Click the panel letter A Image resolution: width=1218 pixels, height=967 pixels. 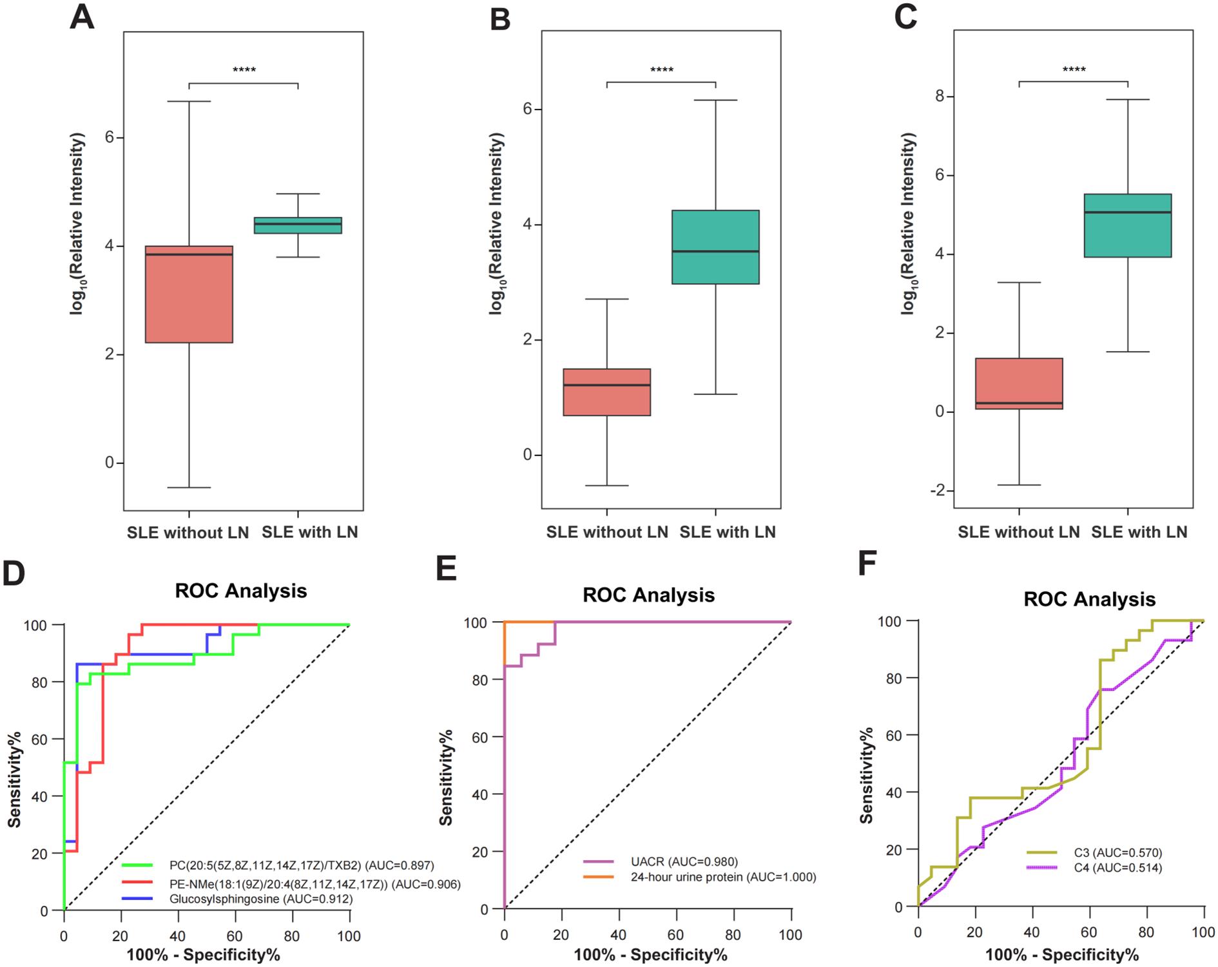coord(82,17)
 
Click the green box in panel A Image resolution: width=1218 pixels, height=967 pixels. coord(298,225)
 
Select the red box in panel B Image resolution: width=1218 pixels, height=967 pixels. coord(606,392)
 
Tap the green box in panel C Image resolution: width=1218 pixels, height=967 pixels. coord(1127,225)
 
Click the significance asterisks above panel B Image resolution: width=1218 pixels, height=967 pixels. coord(661,70)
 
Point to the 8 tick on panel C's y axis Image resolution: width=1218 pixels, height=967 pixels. coord(940,97)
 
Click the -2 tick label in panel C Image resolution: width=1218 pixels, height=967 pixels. coord(937,490)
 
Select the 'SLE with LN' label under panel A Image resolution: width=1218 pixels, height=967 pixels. coord(309,532)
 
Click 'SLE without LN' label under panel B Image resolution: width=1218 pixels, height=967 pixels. coord(606,532)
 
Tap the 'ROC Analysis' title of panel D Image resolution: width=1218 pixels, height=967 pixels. coord(241,591)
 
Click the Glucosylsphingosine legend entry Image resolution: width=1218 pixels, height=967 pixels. coord(260,899)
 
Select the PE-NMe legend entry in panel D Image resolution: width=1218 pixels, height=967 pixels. coord(314,884)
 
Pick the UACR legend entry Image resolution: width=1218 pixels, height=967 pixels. coord(684,861)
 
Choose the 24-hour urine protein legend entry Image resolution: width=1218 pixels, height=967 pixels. coord(722,877)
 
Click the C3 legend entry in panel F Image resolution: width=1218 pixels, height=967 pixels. coord(1117,852)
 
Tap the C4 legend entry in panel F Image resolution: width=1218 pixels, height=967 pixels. coord(1117,868)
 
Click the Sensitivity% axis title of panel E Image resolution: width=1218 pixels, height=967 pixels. coord(446,777)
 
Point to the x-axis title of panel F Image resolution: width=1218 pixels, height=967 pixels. coord(1061,954)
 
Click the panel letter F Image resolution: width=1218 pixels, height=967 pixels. coord(867,563)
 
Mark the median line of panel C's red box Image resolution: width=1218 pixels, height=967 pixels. coord(1019,403)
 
